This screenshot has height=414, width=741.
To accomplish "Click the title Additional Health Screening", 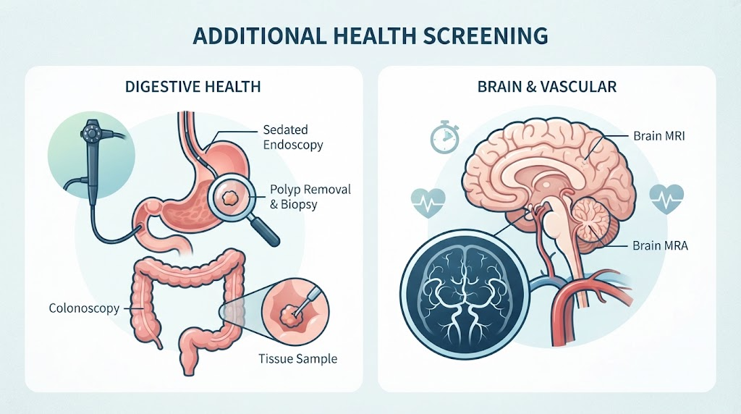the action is click(370, 36).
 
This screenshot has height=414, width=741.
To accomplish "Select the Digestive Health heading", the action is click(192, 87).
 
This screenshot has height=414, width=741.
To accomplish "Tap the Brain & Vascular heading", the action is click(547, 87).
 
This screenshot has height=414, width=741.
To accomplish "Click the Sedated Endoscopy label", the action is click(293, 137).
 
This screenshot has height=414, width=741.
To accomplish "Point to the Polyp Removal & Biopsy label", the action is click(310, 197).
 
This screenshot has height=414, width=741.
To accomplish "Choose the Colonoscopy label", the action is click(84, 308).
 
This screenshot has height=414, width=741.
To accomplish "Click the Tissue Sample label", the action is click(297, 359).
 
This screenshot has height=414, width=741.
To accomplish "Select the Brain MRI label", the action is click(659, 136).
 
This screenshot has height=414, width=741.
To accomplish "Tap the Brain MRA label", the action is click(660, 246).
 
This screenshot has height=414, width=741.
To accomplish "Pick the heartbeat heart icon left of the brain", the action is click(428, 203).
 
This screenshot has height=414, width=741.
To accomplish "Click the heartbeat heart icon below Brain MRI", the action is click(666, 199).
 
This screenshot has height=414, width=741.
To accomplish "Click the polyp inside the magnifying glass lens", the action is click(231, 195).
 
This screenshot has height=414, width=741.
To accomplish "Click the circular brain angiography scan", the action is click(465, 297).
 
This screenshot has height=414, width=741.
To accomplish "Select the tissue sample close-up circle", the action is click(296, 308).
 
